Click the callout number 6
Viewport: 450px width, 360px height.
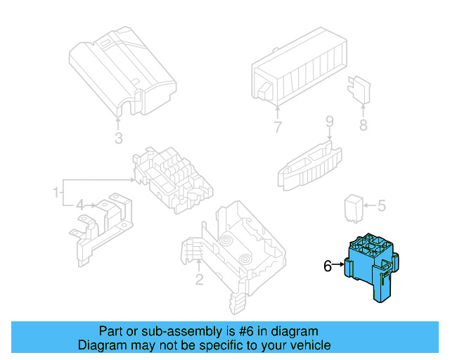click(327, 266)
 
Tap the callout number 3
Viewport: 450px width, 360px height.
click(119, 137)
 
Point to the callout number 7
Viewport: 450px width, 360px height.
click(278, 127)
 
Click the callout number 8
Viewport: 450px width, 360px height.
click(363, 126)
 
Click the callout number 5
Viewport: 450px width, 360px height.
click(382, 206)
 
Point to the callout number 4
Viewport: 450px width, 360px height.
click(80, 205)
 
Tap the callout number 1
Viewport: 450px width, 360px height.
click(53, 192)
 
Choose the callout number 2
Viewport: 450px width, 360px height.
click(199, 281)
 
